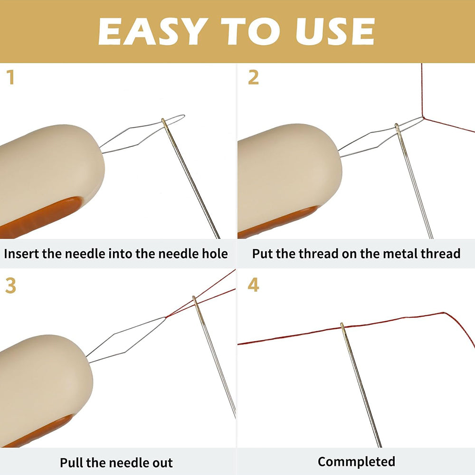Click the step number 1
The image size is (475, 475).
[x=11, y=77]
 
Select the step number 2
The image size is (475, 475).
[x=253, y=77]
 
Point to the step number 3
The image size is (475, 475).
[x=10, y=285]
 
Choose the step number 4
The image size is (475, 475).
[x=253, y=285]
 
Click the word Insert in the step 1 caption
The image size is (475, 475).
[x=21, y=254]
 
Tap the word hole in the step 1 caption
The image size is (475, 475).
[x=215, y=254]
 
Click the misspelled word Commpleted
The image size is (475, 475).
[x=356, y=462]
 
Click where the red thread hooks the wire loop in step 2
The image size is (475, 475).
[x=423, y=117]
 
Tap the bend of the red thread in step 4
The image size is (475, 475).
[x=444, y=313]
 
